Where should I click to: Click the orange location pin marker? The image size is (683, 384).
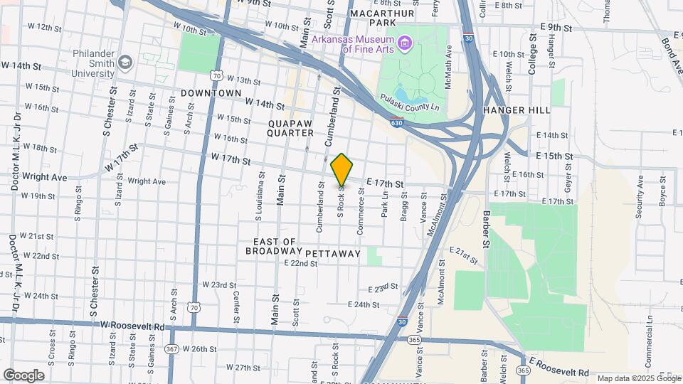click(x=342, y=170)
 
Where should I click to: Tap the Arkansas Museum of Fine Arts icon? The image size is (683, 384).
click(x=405, y=44)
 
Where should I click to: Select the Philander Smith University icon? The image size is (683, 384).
click(x=126, y=63)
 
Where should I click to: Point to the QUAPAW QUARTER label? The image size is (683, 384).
click(x=291, y=128)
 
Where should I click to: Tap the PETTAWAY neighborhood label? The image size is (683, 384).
click(x=334, y=253)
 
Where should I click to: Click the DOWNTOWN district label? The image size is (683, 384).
click(x=211, y=93)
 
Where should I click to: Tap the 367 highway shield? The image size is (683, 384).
click(x=171, y=348)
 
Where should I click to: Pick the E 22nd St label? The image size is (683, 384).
click(x=300, y=263)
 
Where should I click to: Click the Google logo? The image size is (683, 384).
click(x=23, y=375)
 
